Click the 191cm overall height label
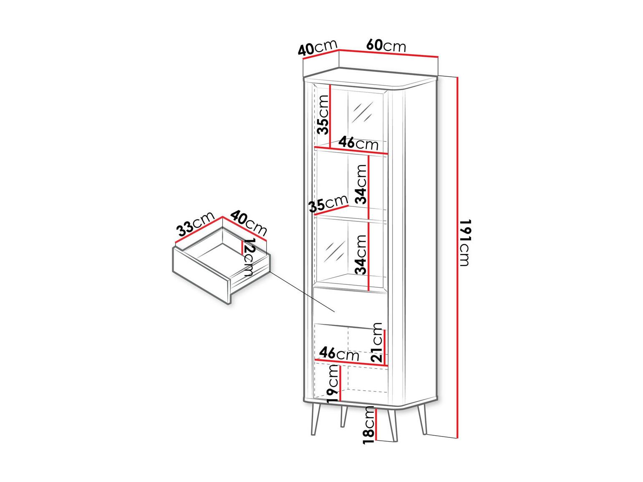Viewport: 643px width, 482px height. point(464,243)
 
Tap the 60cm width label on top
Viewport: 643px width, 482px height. point(386,45)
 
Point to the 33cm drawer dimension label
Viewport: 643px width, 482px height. point(196,223)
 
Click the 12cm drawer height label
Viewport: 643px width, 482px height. point(249,257)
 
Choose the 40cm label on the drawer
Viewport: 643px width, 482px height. point(249,223)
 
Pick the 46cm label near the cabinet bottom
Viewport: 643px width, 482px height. point(339,354)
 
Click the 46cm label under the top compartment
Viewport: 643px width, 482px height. point(358,143)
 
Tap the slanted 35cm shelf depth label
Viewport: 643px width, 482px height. point(328,203)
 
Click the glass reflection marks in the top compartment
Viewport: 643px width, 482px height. point(362,112)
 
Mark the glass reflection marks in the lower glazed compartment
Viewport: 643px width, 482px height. point(334,252)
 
